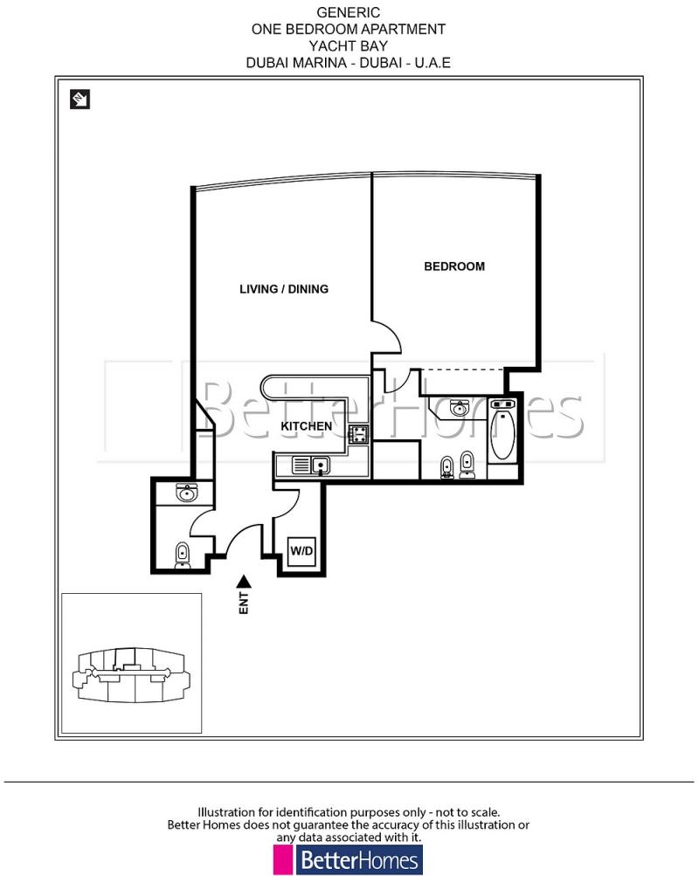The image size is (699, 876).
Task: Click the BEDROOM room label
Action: pos(453,266)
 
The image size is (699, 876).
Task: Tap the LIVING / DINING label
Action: pos(284,289)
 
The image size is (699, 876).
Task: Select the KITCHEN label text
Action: pos(306,426)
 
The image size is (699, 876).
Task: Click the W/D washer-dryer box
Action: pos(301,552)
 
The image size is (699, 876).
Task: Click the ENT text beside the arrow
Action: pos(245,604)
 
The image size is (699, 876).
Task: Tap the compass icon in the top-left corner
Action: pos(80,100)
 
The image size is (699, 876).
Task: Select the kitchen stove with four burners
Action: pos(357,433)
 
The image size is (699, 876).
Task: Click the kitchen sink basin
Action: pos(320,466)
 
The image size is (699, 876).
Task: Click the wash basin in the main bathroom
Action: pos(457,408)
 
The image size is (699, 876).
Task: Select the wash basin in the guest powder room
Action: pos(185,493)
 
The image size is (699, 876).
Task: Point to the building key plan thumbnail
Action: pos(131,665)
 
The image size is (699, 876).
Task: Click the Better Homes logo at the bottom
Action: pos(348,859)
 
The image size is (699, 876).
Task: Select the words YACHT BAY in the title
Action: pos(349,45)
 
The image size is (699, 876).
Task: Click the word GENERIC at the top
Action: pos(349,12)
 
